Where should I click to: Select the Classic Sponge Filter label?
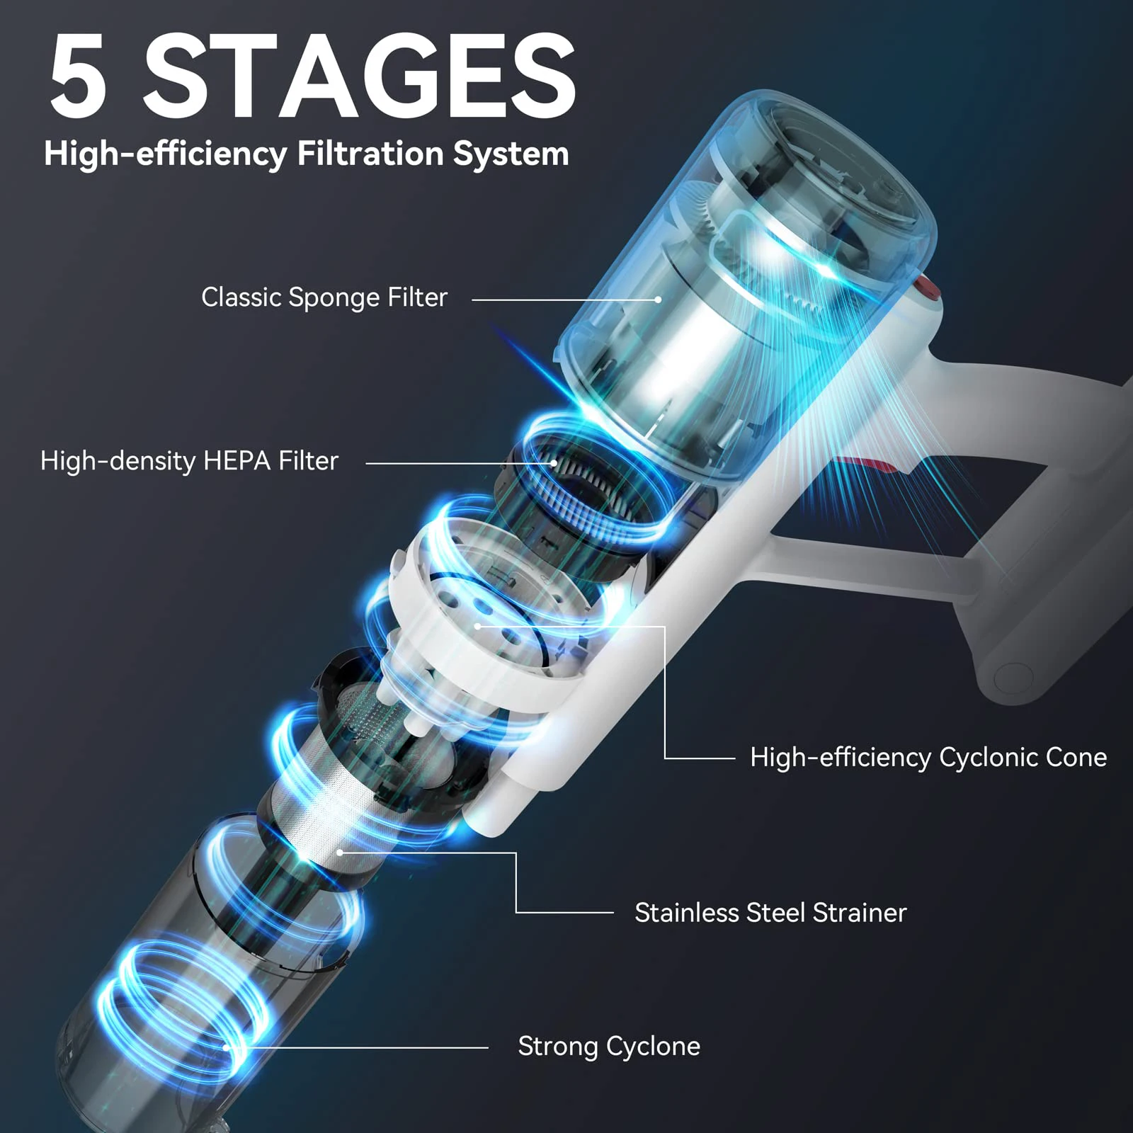(x=324, y=297)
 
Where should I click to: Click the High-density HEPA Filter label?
(x=189, y=461)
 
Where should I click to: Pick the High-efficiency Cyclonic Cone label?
(x=928, y=757)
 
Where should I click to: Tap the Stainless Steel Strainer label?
(x=770, y=912)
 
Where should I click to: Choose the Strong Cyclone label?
(x=608, y=1046)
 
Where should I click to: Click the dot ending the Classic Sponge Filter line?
(x=658, y=300)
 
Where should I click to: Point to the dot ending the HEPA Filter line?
(x=554, y=463)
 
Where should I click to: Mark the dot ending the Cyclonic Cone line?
(x=478, y=626)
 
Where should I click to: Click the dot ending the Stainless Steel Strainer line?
(x=340, y=853)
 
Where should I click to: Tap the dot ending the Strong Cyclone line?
(x=226, y=1047)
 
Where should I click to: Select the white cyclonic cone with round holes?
(x=489, y=609)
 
